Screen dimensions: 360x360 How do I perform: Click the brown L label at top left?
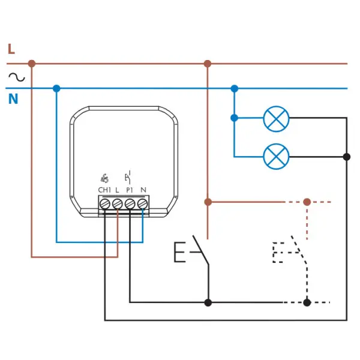click(x=11, y=49)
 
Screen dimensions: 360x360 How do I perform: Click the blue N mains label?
click(x=13, y=99)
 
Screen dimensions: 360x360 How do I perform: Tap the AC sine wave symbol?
click(x=17, y=77)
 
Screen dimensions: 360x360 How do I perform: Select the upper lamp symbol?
click(x=276, y=119)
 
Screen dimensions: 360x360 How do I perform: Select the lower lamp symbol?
click(x=276, y=157)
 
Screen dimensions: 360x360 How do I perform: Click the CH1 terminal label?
click(x=104, y=190)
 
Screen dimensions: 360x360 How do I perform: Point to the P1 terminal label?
click(x=130, y=190)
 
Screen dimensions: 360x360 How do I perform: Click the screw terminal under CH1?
click(x=105, y=203)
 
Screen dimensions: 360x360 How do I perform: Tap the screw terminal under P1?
click(x=130, y=203)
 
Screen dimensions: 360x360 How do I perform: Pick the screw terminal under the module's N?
click(x=142, y=203)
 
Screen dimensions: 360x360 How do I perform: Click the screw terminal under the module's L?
click(x=118, y=203)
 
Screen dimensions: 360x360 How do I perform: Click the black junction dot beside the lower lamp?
click(x=346, y=157)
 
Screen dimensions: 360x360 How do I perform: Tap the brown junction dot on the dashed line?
click(x=307, y=202)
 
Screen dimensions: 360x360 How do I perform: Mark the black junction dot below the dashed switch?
click(x=307, y=302)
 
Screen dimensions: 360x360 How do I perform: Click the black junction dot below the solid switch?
click(x=208, y=302)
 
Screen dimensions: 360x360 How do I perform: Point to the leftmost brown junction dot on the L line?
click(x=32, y=64)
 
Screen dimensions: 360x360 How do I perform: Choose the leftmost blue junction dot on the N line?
click(x=56, y=88)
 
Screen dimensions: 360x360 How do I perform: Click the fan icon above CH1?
click(x=104, y=178)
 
